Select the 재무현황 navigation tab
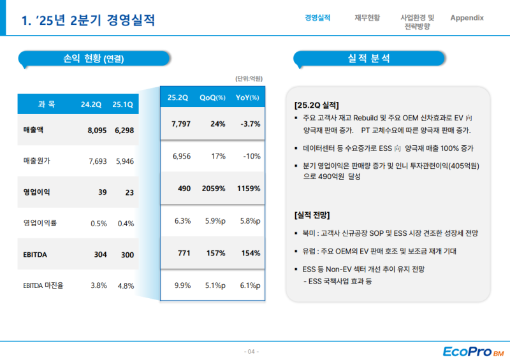(x=367, y=18)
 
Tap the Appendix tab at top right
(x=467, y=18)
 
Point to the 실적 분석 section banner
(x=369, y=59)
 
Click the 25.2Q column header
(x=178, y=97)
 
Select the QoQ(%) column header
(x=213, y=97)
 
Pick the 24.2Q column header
(x=91, y=104)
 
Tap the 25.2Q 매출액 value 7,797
(x=182, y=124)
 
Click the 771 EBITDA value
(x=184, y=253)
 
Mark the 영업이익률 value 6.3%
(x=182, y=221)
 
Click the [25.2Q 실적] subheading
(x=317, y=105)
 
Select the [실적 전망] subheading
(x=312, y=215)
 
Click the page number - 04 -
(x=252, y=352)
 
